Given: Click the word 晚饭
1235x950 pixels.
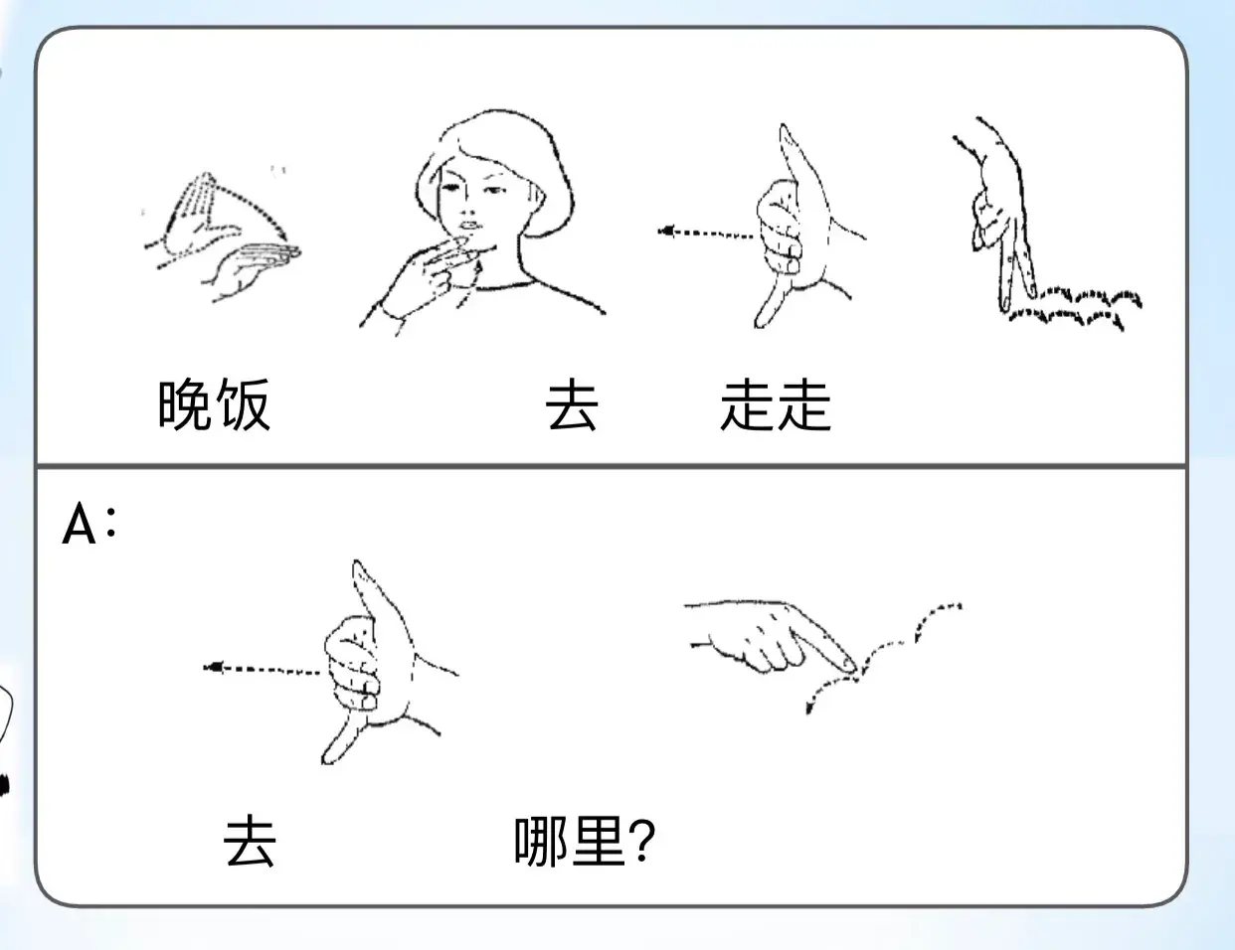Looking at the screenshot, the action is pyautogui.click(x=214, y=404).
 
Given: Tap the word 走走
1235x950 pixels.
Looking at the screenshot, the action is pyautogui.click(x=776, y=405).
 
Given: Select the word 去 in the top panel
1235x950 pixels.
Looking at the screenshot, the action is pyautogui.click(x=572, y=405).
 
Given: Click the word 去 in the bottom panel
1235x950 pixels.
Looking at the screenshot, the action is pyautogui.click(x=250, y=841).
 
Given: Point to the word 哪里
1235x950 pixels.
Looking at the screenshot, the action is pyautogui.click(x=570, y=842).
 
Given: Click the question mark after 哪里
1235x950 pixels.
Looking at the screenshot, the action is pyautogui.click(x=642, y=841).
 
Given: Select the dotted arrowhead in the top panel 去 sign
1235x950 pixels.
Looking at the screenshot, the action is pyautogui.click(x=666, y=232).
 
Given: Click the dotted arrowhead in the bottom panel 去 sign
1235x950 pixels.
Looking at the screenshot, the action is pyautogui.click(x=213, y=667).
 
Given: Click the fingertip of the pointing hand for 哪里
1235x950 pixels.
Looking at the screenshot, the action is pyautogui.click(x=848, y=665).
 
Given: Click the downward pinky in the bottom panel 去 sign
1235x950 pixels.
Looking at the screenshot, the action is pyautogui.click(x=341, y=738).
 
